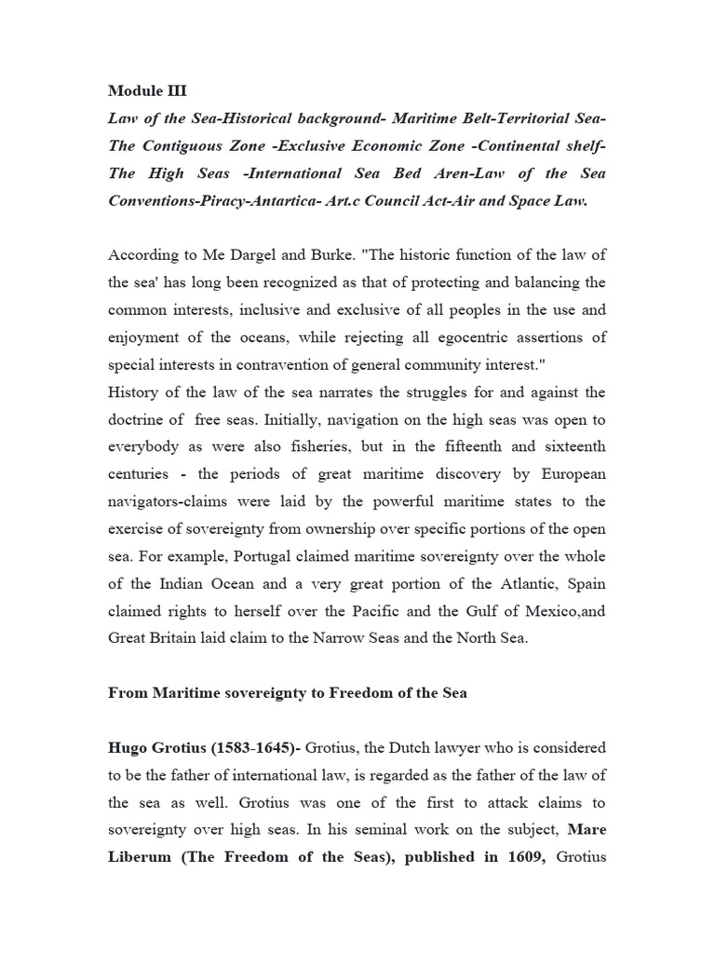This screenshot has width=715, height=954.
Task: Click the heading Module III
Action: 147,90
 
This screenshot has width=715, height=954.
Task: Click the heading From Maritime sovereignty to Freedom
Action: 288,692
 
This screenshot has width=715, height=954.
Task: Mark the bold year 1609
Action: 523,856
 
